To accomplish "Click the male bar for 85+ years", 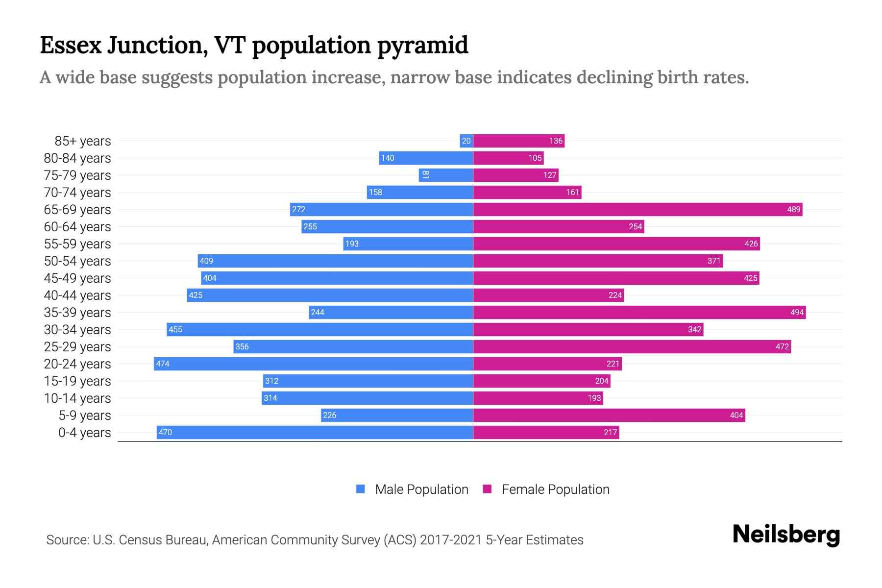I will (466, 141).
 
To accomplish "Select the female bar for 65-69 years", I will (637, 210).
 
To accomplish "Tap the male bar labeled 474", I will (314, 364).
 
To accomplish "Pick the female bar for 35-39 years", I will (639, 313).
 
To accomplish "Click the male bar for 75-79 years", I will (446, 175).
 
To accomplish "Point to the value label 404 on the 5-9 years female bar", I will (736, 416).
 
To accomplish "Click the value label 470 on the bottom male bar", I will (166, 433).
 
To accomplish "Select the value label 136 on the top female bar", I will (556, 141).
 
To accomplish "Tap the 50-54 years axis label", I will (77, 261).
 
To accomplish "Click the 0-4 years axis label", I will (84, 433).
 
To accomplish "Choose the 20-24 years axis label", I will (77, 364).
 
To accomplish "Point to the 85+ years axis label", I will (83, 141).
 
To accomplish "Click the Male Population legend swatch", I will (361, 489).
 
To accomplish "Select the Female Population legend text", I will (555, 490).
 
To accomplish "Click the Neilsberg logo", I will (786, 535).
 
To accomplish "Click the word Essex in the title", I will (71, 45).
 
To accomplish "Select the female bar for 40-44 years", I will (548, 295).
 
